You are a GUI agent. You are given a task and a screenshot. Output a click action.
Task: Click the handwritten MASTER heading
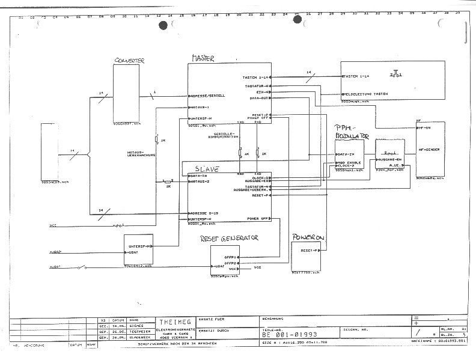(203, 58)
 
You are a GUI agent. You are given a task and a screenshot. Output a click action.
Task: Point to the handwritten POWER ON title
(308, 238)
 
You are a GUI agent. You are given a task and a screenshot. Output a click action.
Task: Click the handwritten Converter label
(130, 61)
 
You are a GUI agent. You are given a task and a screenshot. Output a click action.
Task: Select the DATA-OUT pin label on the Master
(260, 97)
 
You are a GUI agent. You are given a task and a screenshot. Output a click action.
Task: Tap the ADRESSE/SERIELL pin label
(208, 96)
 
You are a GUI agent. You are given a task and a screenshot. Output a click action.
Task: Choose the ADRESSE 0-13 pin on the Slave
(206, 213)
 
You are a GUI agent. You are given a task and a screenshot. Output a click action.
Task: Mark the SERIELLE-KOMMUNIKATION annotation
(219, 135)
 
